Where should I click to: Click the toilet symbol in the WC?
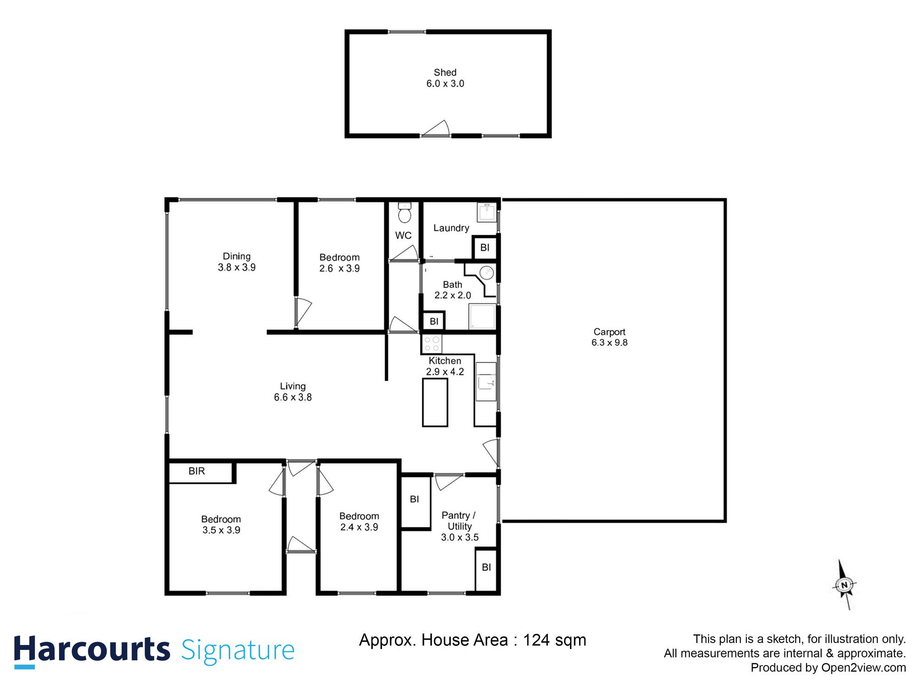point(404,213)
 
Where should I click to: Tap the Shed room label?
point(445,72)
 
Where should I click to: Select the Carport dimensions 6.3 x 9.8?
point(609,343)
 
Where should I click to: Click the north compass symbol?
point(844,585)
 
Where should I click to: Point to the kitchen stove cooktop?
point(431,344)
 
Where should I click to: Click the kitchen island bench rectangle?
point(435,402)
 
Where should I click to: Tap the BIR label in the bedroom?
point(197,471)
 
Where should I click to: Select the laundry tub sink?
point(486,212)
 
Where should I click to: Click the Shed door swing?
point(437,129)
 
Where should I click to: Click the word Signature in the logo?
point(238,650)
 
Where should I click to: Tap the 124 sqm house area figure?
point(554,640)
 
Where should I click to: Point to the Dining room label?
point(237,256)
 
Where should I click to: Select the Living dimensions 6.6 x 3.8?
point(293,397)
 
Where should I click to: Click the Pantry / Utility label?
point(459,521)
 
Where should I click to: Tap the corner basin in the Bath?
point(486,273)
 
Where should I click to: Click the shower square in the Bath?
point(482,316)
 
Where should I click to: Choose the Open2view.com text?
point(863,668)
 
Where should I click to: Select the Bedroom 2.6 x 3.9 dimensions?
point(339,268)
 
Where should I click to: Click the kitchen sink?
point(485,382)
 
